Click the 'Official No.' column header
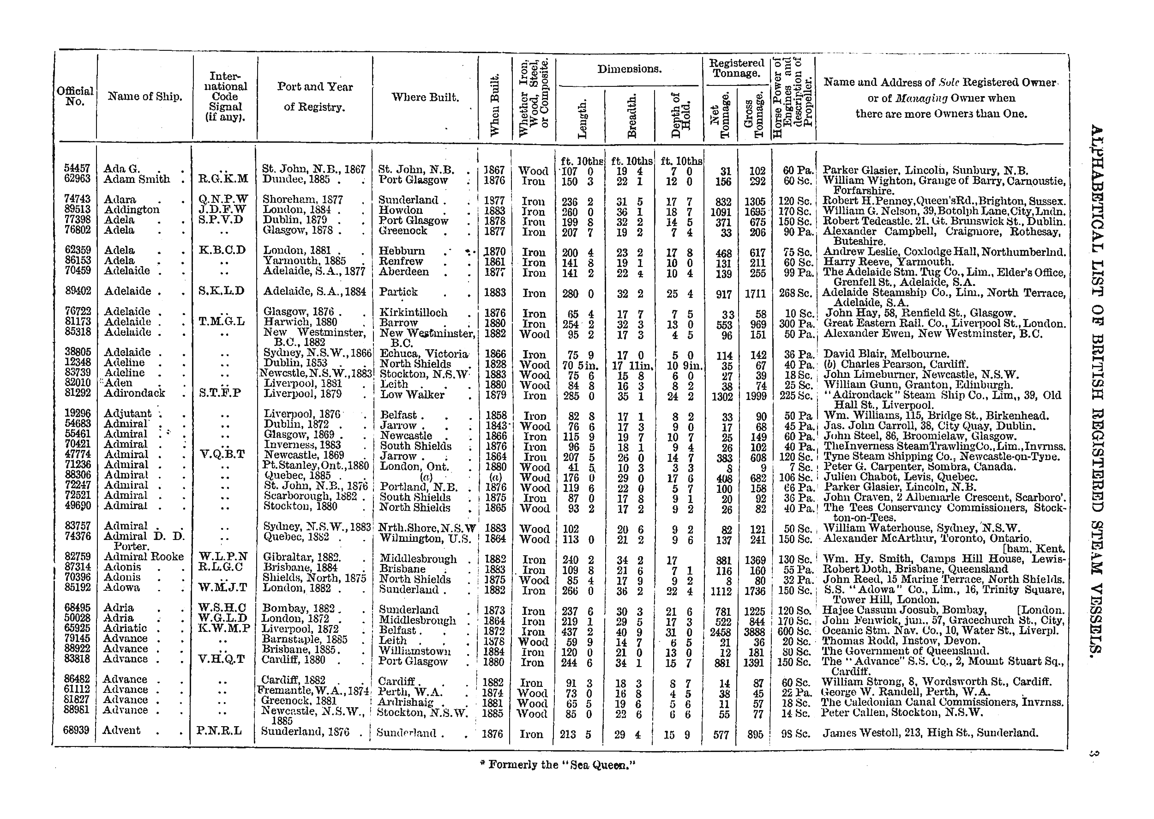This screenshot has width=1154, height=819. click(75, 96)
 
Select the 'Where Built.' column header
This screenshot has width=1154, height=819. click(425, 97)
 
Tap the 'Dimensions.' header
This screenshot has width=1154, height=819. click(630, 69)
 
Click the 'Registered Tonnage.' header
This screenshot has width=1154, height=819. click(736, 68)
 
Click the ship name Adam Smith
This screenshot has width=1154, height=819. click(137, 180)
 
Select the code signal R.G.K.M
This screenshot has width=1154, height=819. click(224, 180)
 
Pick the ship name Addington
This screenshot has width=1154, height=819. click(132, 210)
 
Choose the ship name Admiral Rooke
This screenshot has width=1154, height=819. click(144, 557)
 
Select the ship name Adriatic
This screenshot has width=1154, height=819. click(125, 628)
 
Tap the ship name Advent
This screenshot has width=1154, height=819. click(121, 730)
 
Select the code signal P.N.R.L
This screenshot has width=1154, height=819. click(220, 731)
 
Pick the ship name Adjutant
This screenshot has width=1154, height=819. click(127, 413)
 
